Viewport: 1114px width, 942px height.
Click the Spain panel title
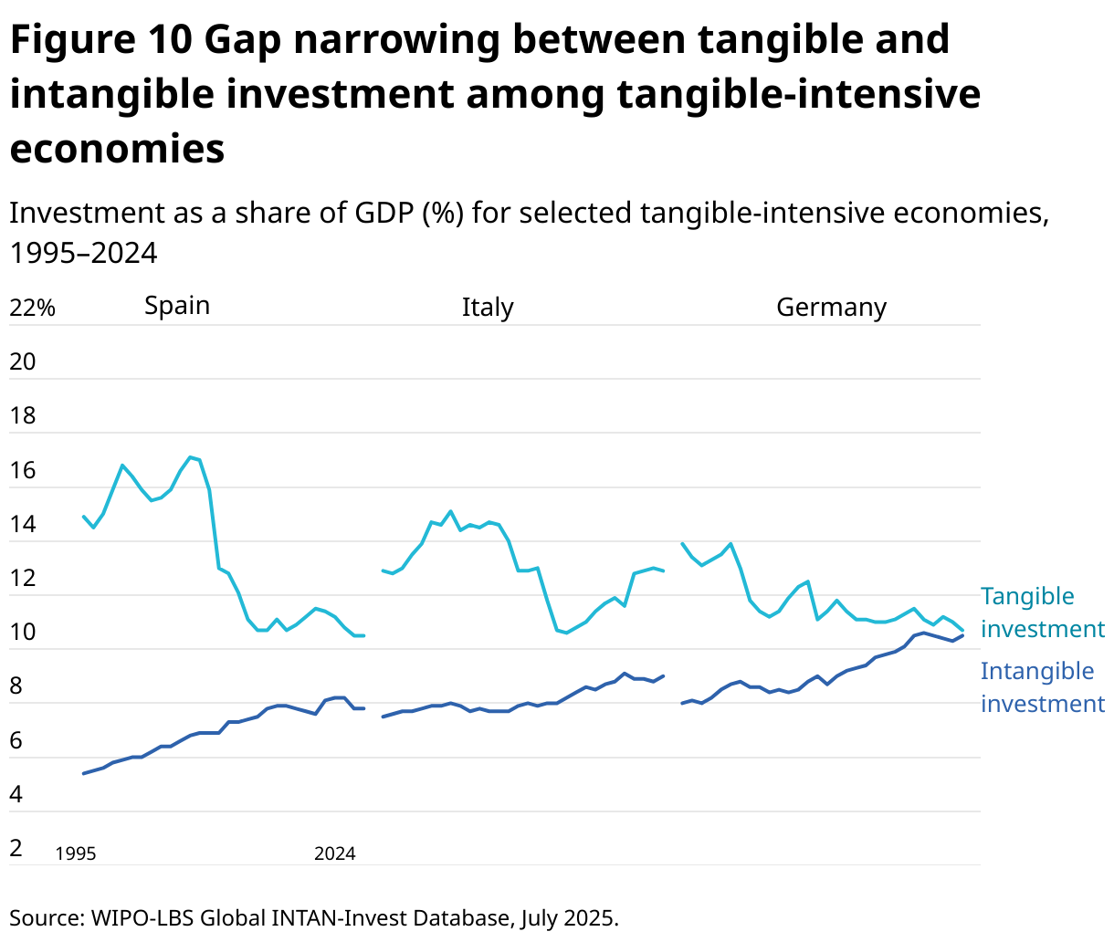pos(177,306)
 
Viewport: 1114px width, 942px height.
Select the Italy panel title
pos(488,308)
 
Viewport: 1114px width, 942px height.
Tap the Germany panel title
pos(831,308)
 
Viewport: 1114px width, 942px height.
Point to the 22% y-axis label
pos(33,309)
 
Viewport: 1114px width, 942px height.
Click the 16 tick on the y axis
pos(23,471)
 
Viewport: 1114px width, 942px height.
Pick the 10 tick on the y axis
pos(23,633)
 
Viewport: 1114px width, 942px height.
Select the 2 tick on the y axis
pos(16,849)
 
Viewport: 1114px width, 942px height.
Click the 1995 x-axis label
pos(76,854)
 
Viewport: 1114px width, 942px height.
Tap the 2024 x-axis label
pos(335,854)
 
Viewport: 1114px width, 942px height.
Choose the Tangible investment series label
pos(1042,612)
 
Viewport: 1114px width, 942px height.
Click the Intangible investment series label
pos(1042,687)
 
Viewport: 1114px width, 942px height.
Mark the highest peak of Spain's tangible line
pos(189,456)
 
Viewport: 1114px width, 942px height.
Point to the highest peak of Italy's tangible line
pos(450,511)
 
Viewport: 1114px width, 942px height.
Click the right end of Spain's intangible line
pos(363,708)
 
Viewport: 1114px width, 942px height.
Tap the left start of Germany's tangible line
pos(682,543)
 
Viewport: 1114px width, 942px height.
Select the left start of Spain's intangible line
pos(84,773)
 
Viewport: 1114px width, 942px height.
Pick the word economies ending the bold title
pos(117,149)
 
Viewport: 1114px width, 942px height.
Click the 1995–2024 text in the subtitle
pos(83,253)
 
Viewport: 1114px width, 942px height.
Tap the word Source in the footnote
pos(45,917)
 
